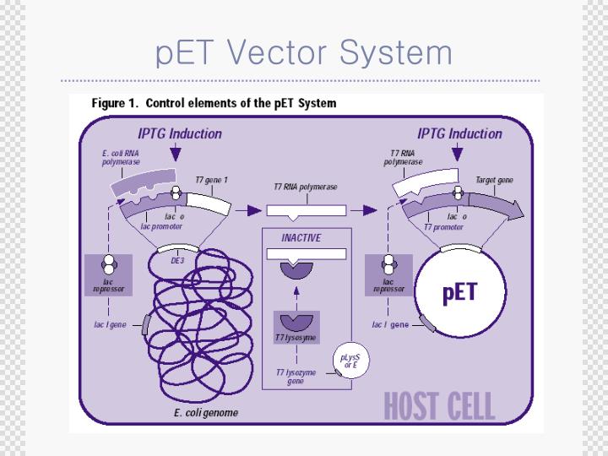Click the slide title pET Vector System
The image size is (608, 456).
[x=304, y=52]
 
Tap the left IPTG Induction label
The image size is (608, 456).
[x=180, y=133]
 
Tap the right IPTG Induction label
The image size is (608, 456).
[x=459, y=133]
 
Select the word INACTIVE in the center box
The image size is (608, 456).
[x=301, y=238]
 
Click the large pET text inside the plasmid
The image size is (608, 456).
[x=459, y=293]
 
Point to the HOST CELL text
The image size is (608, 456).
[x=439, y=405]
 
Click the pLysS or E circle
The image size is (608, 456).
[x=350, y=361]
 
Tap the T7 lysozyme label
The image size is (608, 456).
[x=295, y=338]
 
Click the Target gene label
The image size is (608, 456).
[x=493, y=180]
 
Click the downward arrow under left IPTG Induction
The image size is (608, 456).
[x=175, y=153]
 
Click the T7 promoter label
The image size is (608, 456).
[x=442, y=226]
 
